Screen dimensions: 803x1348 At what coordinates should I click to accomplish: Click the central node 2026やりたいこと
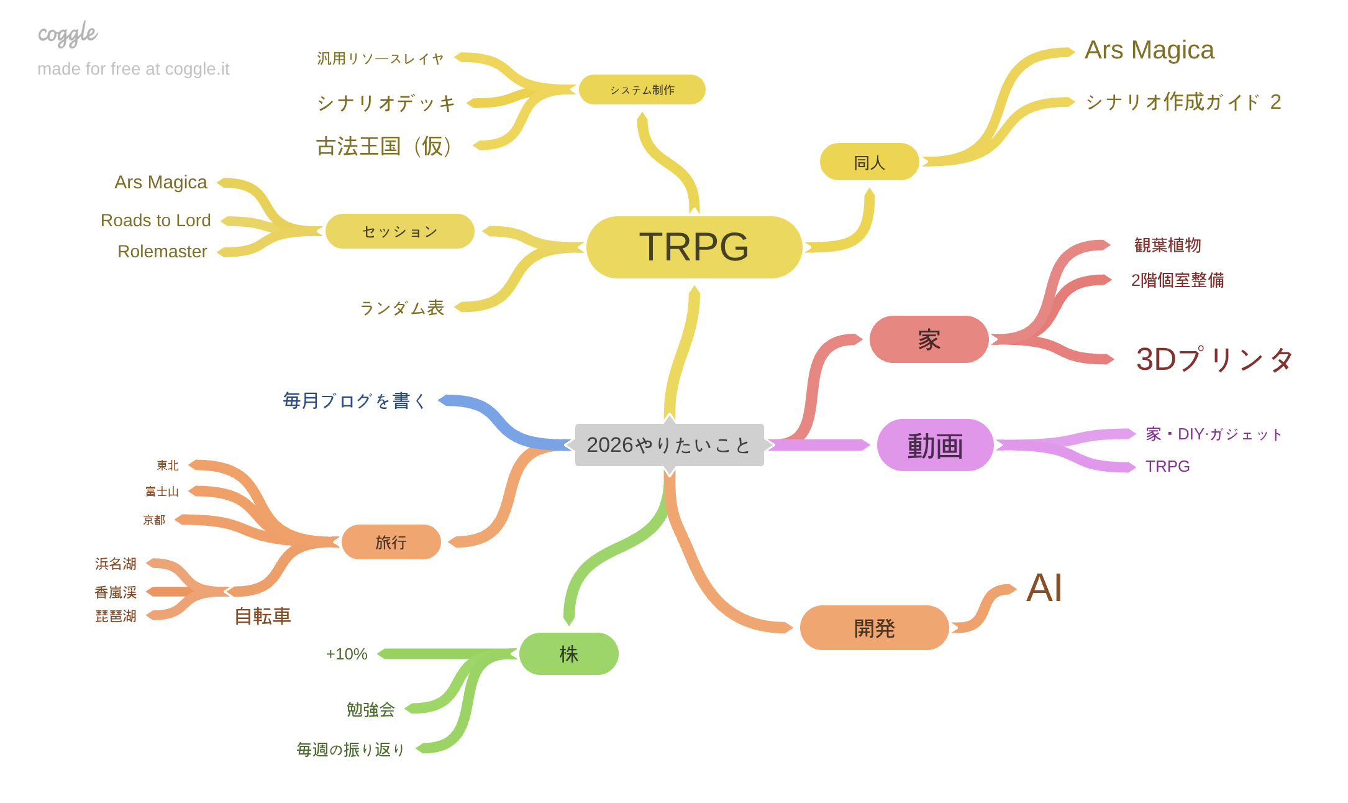[x=669, y=445]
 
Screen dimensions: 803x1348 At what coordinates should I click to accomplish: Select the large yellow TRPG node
[x=694, y=247]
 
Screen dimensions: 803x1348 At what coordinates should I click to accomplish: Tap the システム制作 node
[x=642, y=89]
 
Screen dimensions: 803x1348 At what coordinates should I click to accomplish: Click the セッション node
[x=399, y=231]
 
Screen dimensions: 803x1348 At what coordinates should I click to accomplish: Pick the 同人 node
[x=869, y=162]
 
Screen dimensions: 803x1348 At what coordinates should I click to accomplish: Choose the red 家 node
[x=929, y=339]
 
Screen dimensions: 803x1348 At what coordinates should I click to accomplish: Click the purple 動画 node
[x=935, y=445]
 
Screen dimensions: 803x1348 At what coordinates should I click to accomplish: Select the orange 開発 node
[x=874, y=628]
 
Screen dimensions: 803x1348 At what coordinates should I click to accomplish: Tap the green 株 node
[x=568, y=654]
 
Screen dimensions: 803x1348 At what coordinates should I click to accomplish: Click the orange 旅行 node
[x=391, y=542]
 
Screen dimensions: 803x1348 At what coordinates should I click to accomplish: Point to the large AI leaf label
[x=1044, y=588]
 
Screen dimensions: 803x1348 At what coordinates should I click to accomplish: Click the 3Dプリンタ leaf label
[x=1214, y=359]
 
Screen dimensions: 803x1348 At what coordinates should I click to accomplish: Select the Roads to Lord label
[x=156, y=221]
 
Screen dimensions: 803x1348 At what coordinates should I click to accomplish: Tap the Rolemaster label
[x=162, y=251]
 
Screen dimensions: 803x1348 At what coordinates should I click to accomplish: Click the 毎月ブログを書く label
[x=355, y=401]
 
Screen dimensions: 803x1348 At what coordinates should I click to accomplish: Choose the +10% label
[x=347, y=654]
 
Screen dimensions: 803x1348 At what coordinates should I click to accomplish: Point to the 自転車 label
[x=262, y=616]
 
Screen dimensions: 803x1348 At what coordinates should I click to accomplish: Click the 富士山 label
[x=162, y=492]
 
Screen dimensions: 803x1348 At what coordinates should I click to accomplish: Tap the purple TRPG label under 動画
[x=1167, y=466]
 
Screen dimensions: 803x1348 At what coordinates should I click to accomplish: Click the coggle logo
[x=68, y=34]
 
